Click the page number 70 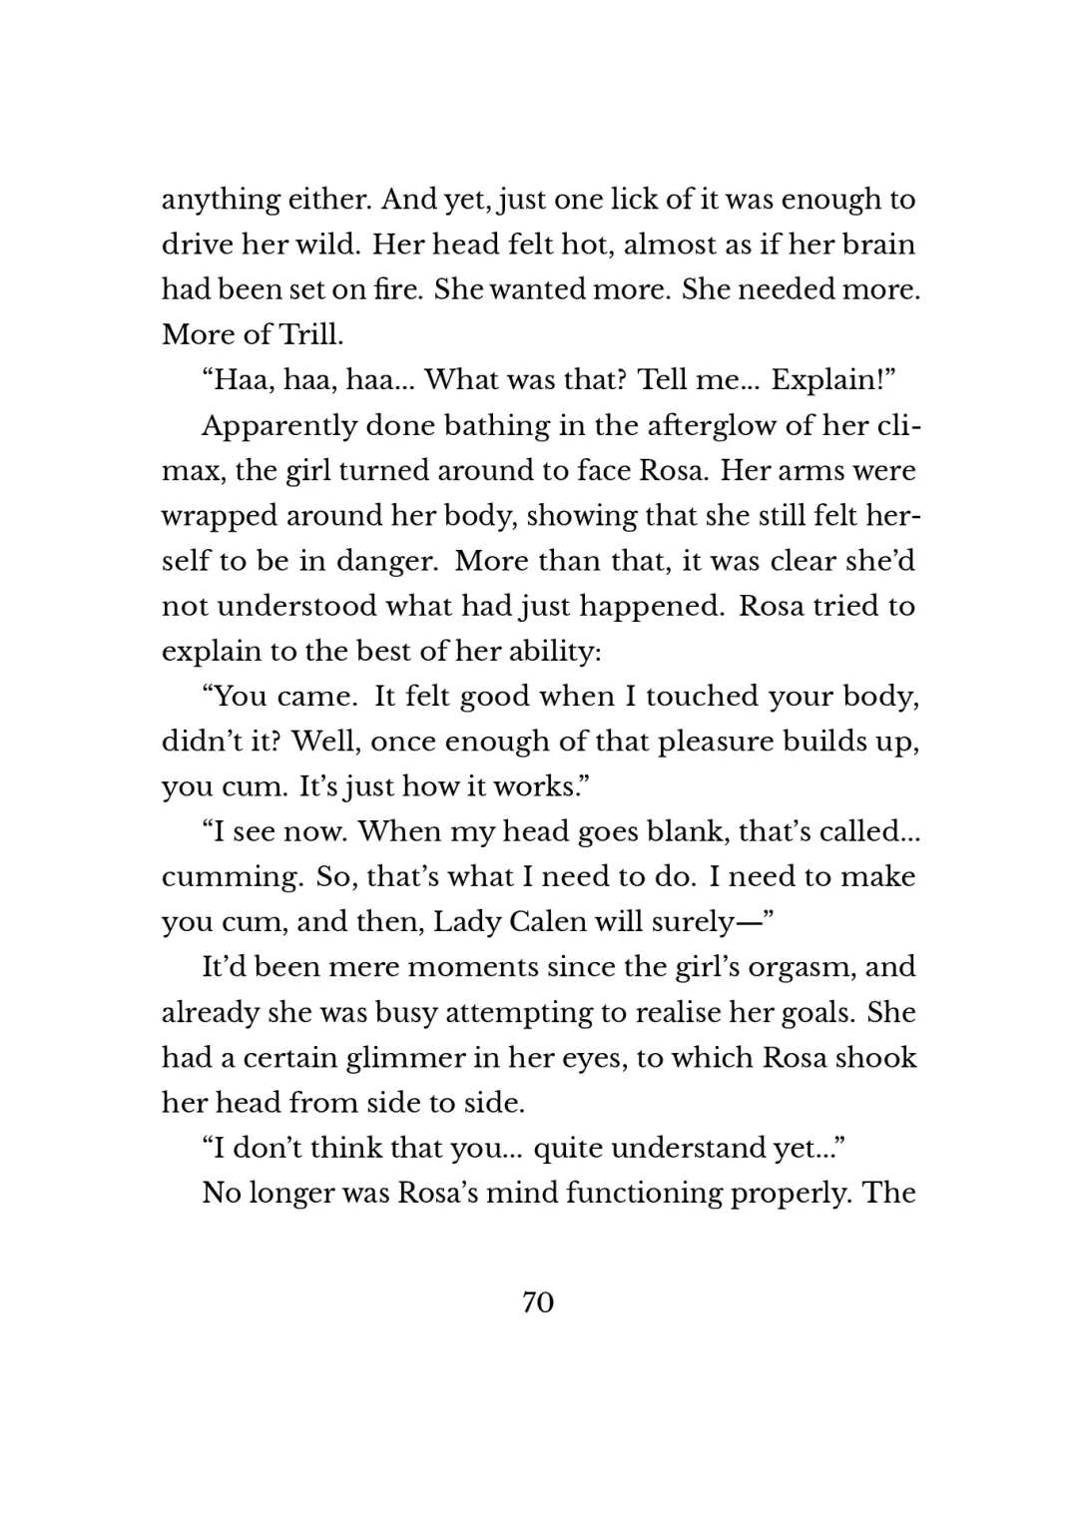(537, 1302)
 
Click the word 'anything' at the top (221, 201)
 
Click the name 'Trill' (313, 335)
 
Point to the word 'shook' (875, 1057)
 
